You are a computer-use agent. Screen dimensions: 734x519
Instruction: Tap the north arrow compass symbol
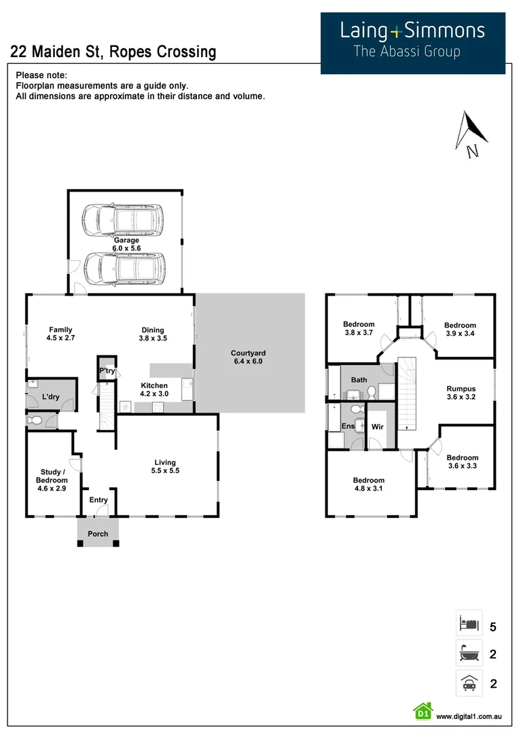point(468,134)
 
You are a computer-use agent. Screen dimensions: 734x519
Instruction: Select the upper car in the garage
point(123,220)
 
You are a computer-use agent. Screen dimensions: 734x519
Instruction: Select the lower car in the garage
point(123,268)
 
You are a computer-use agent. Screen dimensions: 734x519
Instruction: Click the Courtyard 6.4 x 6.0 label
point(247,357)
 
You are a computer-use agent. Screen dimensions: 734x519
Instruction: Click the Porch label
point(98,534)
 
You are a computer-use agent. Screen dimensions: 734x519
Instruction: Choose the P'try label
point(107,370)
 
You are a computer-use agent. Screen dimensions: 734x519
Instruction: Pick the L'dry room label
point(50,396)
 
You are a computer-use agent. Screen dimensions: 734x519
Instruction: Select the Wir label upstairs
point(378,426)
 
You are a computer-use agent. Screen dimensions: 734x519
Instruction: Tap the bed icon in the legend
point(469,623)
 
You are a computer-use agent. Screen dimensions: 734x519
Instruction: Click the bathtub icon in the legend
point(469,654)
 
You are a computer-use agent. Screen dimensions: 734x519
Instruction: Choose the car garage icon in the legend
point(469,683)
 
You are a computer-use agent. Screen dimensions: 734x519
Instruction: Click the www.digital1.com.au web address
point(469,716)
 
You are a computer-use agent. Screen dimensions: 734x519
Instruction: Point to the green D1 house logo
point(423,711)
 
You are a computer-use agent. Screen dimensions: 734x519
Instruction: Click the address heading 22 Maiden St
point(113,52)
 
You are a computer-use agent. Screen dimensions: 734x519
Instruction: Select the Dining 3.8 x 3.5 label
point(153,334)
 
